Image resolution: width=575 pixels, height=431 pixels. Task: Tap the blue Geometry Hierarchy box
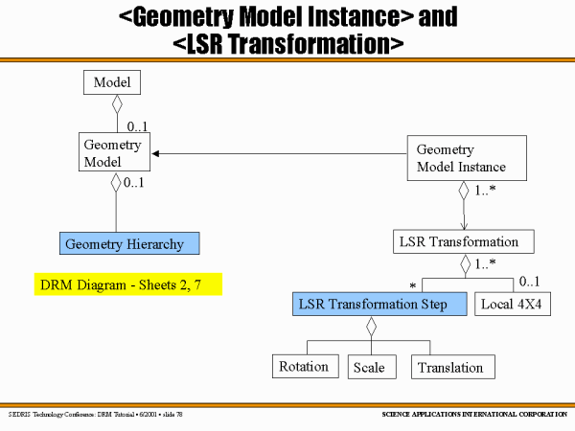[129, 244]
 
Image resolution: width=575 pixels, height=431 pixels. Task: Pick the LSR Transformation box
[463, 241]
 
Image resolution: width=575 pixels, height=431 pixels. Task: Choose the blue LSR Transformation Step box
[373, 305]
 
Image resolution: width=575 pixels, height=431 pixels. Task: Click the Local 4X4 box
[513, 305]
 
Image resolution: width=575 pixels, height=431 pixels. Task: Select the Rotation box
[304, 367]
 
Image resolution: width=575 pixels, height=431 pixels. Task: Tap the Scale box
[369, 367]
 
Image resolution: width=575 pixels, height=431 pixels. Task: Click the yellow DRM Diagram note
[127, 284]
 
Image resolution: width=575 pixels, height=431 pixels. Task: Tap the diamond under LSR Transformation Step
[372, 327]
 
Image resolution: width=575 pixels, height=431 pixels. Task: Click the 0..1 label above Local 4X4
[530, 282]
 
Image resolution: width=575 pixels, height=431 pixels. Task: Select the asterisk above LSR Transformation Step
[413, 285]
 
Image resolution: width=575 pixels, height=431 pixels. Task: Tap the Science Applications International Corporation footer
[470, 414]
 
